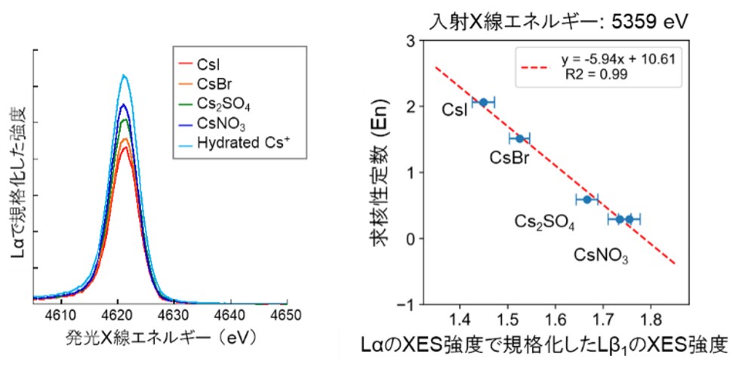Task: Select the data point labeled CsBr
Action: point(519,138)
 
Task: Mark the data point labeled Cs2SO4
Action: point(587,199)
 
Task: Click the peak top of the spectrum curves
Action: point(125,76)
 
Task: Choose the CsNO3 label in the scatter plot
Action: point(601,255)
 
